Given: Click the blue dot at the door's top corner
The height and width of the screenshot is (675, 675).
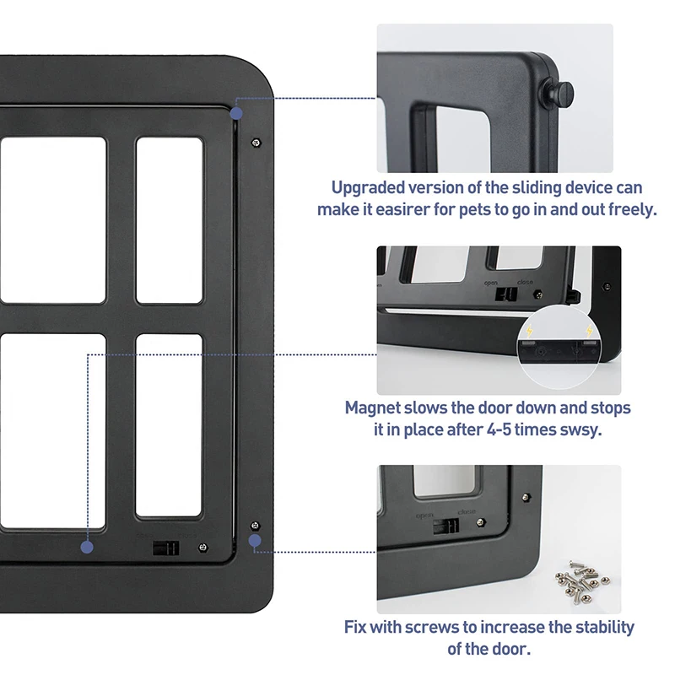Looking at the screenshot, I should pyautogui.click(x=237, y=111).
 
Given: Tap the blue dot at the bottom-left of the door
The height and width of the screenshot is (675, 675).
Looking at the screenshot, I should pyautogui.click(x=87, y=547).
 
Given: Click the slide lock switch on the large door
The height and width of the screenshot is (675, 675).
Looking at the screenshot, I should pyautogui.click(x=166, y=547).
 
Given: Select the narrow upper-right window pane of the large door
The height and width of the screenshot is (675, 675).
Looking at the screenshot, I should pyautogui.click(x=170, y=220).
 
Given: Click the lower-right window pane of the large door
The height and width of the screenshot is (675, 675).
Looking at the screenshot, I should pyautogui.click(x=170, y=425).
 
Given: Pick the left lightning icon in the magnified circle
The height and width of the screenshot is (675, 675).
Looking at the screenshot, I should pyautogui.click(x=529, y=332).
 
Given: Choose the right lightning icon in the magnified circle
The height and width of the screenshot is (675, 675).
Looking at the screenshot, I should pyautogui.click(x=587, y=332).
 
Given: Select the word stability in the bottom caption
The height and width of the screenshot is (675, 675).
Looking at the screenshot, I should pyautogui.click(x=599, y=628).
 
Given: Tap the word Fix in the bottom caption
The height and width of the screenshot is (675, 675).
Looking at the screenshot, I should pyautogui.click(x=357, y=628).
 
